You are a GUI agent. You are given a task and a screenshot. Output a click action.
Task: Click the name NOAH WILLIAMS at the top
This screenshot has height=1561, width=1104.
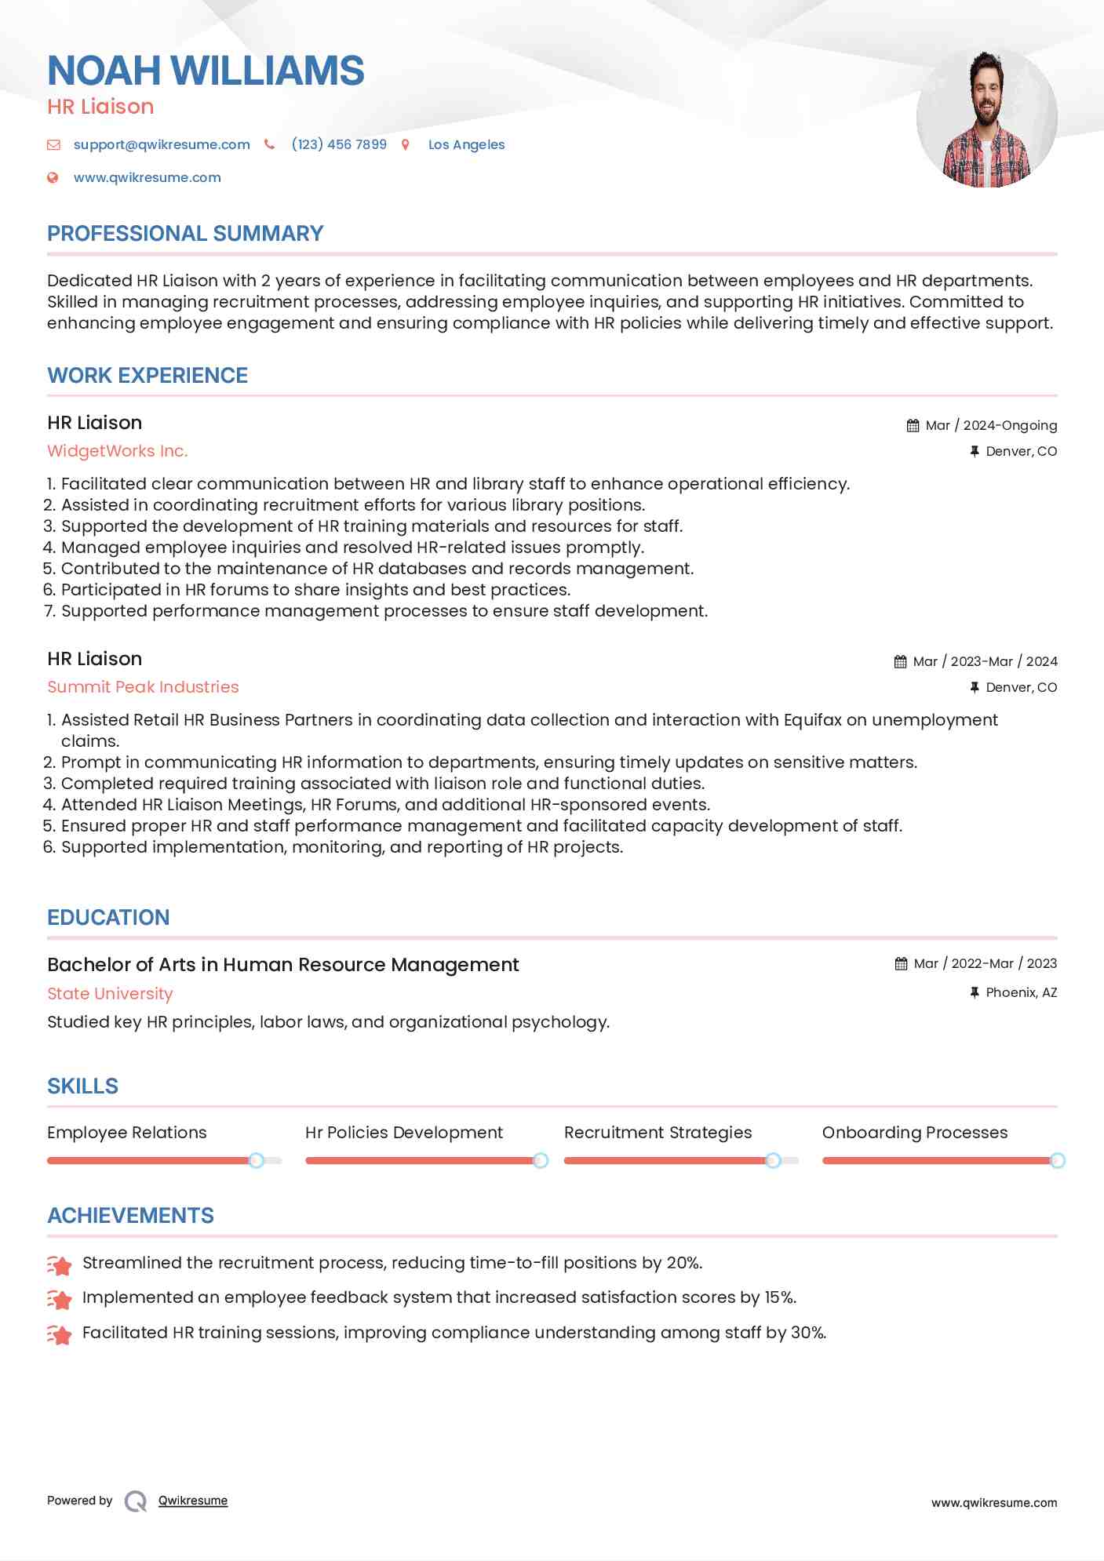(206, 71)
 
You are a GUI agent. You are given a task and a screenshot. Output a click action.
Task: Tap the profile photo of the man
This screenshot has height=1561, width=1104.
(986, 118)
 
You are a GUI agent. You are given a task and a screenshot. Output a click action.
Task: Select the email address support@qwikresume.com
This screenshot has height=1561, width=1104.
(162, 144)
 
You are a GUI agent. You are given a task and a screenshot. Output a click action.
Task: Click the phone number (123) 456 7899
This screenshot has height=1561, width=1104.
(339, 144)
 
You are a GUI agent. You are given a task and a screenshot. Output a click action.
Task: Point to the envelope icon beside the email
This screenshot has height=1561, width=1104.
(53, 144)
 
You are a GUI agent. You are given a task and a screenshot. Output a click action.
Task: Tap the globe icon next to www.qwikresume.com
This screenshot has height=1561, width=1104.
(53, 177)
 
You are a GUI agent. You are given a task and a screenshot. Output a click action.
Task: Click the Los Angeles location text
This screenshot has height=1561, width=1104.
(466, 144)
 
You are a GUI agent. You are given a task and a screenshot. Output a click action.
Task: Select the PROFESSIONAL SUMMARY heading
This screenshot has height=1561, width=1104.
(185, 234)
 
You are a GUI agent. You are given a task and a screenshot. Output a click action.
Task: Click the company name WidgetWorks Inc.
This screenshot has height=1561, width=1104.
(117, 451)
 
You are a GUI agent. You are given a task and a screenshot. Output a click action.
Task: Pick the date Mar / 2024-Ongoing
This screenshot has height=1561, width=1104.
(990, 425)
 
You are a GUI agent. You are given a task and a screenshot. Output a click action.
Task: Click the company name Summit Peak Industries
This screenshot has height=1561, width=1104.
(143, 687)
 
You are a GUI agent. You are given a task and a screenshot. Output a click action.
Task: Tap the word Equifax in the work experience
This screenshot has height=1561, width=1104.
(812, 720)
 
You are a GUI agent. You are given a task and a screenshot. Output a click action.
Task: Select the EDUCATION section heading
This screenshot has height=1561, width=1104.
(108, 918)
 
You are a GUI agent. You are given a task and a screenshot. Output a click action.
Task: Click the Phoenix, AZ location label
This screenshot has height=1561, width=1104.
(1021, 992)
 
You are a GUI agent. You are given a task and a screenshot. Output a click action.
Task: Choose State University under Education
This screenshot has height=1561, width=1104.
(110, 994)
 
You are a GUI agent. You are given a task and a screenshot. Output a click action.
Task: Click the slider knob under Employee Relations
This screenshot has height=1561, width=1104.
(256, 1160)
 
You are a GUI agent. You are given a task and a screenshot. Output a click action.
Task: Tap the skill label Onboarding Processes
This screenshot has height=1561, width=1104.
(914, 1133)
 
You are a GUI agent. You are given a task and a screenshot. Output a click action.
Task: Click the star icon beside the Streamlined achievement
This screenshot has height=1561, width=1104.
(60, 1264)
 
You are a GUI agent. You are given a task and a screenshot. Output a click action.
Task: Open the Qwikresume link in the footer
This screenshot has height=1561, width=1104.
(192, 1501)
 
